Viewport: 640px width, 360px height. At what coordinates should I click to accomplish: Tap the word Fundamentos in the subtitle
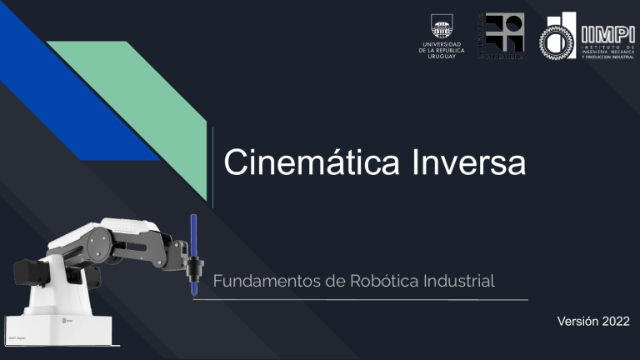coord(262,281)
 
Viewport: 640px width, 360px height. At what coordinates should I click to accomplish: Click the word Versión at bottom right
coord(573,322)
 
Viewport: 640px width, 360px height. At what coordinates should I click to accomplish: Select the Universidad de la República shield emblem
coord(441,25)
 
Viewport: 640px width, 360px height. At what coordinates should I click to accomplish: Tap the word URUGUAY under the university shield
coord(441,55)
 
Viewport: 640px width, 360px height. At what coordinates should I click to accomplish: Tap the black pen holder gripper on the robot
coord(195,268)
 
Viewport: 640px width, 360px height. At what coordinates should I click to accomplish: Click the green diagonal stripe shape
coord(150,100)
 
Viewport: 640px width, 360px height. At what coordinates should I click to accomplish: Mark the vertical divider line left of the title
coord(213,167)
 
